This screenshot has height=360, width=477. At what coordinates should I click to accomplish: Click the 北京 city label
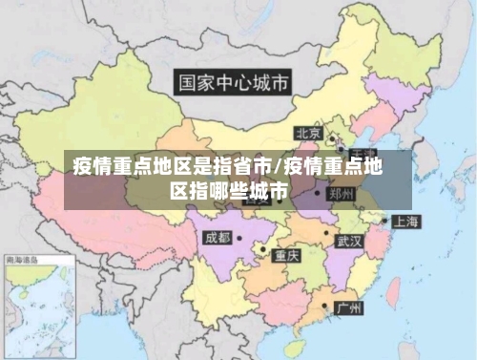(307, 133)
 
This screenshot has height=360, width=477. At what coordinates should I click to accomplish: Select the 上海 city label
(406, 222)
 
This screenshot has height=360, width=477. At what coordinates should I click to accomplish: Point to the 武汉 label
(349, 242)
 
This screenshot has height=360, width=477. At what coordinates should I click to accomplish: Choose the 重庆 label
(287, 255)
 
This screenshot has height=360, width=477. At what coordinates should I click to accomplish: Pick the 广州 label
(348, 308)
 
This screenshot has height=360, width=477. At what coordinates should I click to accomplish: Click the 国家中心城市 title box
(232, 82)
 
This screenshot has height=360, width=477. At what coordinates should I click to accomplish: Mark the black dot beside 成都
(238, 236)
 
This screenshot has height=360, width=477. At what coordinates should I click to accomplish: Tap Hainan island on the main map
(296, 341)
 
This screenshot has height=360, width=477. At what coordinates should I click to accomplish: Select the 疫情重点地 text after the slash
(333, 167)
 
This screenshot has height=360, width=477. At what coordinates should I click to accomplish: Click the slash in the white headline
(276, 168)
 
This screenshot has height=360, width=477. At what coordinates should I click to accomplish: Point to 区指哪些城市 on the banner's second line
(229, 190)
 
